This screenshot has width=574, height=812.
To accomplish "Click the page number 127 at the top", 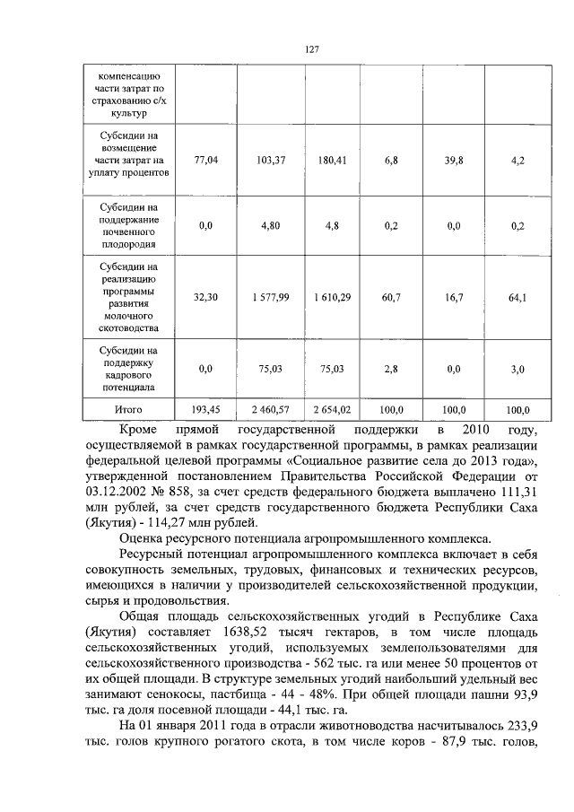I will click(x=311, y=49).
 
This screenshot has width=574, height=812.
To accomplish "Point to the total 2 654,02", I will click(x=332, y=409).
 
